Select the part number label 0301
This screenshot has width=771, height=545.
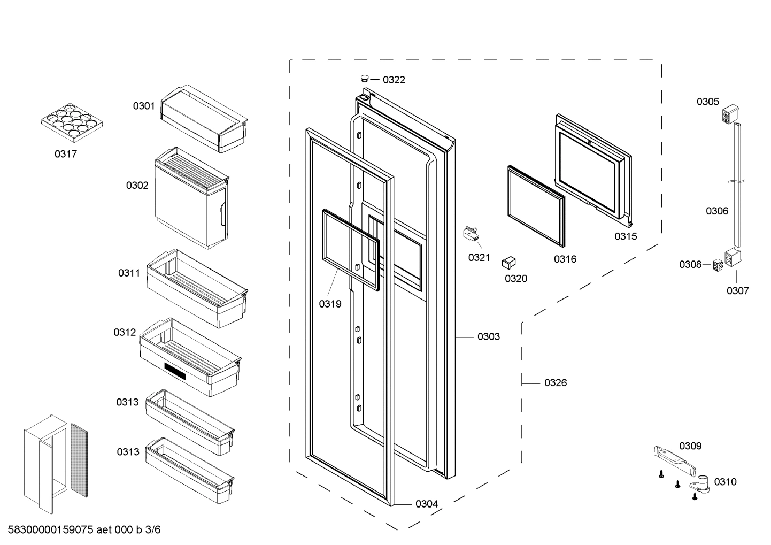tap(144, 106)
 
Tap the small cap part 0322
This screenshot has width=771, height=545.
tap(365, 78)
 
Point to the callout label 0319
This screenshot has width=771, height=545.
tap(330, 304)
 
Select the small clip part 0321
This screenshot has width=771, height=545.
tap(470, 234)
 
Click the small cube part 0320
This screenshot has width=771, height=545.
tap(508, 262)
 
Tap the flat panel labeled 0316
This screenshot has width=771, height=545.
tap(536, 206)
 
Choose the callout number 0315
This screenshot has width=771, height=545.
tap(625, 236)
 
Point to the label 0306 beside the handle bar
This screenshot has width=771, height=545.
tap(716, 211)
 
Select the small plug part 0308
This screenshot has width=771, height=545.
tap(718, 265)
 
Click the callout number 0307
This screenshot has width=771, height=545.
tap(737, 290)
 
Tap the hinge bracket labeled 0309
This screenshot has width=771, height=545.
tap(673, 458)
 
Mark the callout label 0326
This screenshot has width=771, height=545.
tap(556, 382)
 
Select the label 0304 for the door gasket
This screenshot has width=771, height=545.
tap(426, 504)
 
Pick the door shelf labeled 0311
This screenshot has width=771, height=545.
tap(197, 289)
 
